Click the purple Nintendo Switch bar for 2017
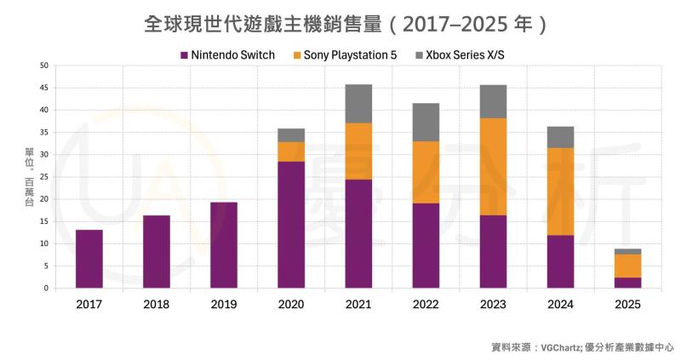pos(89,259)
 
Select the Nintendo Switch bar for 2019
pos(224,245)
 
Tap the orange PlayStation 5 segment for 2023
pos(493,166)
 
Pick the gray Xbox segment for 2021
pos(358,103)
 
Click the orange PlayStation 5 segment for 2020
pos(291,151)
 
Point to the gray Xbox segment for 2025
pos(628,251)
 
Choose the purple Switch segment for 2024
pos(561,261)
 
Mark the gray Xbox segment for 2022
pos(426,122)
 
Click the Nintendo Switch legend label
pos(232,55)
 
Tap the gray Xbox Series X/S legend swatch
pos(419,55)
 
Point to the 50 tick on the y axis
pos(43,66)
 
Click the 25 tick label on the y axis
pos(43,177)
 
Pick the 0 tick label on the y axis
pos(46,288)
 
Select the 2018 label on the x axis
pos(157,304)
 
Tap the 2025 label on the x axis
pos(628,304)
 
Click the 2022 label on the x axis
pos(426,304)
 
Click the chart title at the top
pos(340,23)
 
